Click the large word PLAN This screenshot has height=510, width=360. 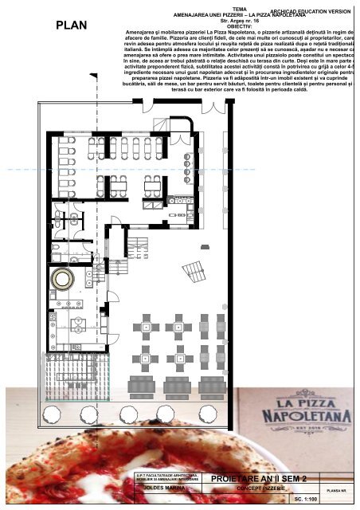pyautogui.click(x=71, y=48)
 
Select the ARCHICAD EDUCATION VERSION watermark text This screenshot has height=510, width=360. pyautogui.click(x=311, y=11)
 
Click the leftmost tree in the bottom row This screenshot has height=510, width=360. pyautogui.click(x=53, y=413)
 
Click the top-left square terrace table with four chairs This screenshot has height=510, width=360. pyautogui.click(x=147, y=327)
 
